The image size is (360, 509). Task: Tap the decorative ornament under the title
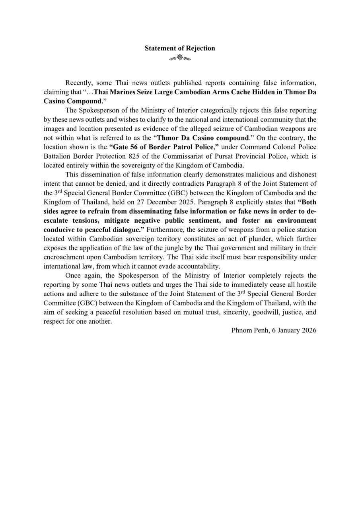click(x=180, y=58)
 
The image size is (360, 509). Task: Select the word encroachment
click(x=63, y=256)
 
